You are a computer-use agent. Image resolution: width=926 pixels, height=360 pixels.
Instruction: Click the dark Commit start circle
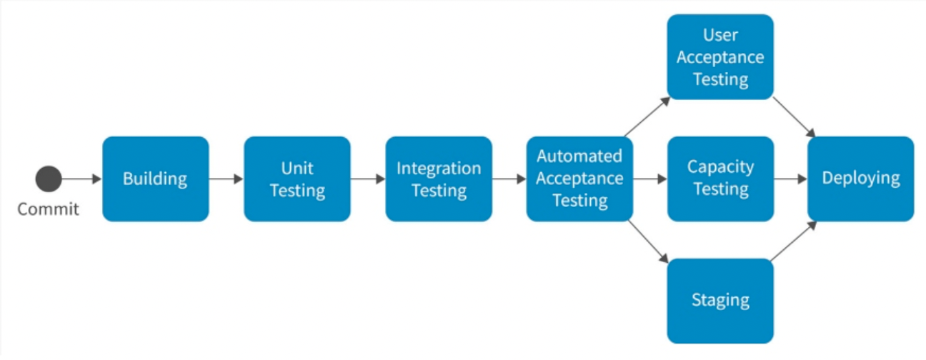click(x=49, y=179)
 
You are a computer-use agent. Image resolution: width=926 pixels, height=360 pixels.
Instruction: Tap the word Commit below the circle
click(x=48, y=209)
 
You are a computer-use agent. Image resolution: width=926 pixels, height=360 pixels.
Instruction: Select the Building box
click(x=156, y=179)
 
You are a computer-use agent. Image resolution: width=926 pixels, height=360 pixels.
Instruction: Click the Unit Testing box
click(x=297, y=179)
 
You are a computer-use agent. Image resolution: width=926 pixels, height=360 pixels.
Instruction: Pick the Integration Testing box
click(x=439, y=179)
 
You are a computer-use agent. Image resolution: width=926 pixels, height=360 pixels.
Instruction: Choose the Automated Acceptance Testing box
click(x=579, y=179)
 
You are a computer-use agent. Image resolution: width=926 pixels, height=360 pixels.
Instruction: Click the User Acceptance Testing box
click(x=720, y=56)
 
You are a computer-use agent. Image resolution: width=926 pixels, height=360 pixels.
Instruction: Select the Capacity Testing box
click(x=720, y=179)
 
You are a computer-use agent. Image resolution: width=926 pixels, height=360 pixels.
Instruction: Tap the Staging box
click(x=720, y=300)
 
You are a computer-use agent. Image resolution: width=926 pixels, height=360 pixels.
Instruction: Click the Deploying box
click(x=861, y=179)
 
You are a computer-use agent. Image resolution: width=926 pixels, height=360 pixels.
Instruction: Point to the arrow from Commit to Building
click(x=81, y=179)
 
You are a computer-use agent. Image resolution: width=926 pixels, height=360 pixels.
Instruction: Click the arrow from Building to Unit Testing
click(x=226, y=179)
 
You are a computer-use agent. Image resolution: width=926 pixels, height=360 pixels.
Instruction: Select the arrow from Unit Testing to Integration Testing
click(x=367, y=179)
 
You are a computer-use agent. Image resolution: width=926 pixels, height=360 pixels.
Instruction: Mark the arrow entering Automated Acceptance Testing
click(x=509, y=179)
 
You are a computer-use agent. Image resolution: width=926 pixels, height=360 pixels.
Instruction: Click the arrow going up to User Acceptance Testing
click(x=647, y=116)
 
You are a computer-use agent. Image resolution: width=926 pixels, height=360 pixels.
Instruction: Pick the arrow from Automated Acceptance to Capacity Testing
click(x=649, y=179)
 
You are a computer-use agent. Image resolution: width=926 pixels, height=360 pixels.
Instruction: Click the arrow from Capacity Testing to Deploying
click(x=791, y=179)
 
